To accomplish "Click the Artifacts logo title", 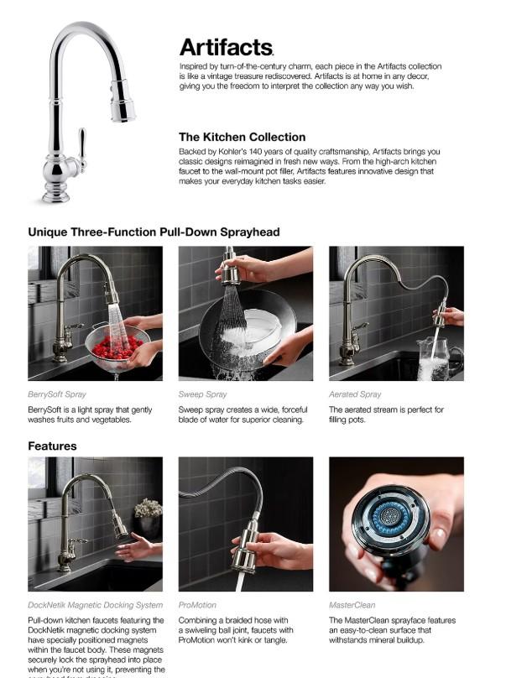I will point(226,47).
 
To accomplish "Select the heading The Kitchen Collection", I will point(242,137).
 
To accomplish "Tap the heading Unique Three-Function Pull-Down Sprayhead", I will point(154,232).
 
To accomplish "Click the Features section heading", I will point(52,446).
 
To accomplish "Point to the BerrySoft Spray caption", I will point(57,394).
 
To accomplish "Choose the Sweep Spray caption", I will point(202,394).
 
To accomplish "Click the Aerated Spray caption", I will point(355,394).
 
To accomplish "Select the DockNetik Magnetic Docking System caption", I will point(95,605).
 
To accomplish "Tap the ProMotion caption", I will point(197,605).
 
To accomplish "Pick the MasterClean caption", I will point(352,605).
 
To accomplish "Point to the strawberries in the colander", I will point(117,346).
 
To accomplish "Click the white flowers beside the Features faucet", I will point(149,508).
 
